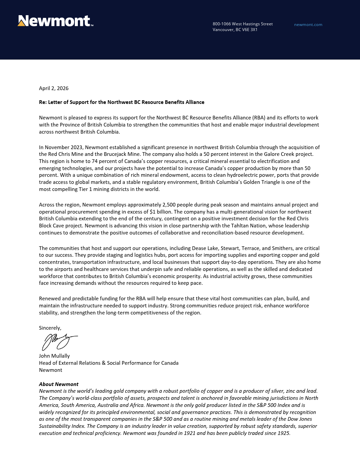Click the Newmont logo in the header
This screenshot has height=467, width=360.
(x=55, y=21)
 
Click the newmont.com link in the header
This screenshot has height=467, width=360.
(x=308, y=25)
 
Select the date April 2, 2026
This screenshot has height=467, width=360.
(x=54, y=88)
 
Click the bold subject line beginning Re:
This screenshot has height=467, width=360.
(x=122, y=102)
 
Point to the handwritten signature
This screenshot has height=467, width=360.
(x=59, y=341)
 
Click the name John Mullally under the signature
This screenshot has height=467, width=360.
(x=54, y=356)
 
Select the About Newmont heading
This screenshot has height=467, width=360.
(x=59, y=384)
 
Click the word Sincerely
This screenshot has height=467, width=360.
(x=50, y=328)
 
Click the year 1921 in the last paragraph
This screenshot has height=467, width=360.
(x=189, y=433)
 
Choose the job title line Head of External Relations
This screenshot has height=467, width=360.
(x=109, y=363)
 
